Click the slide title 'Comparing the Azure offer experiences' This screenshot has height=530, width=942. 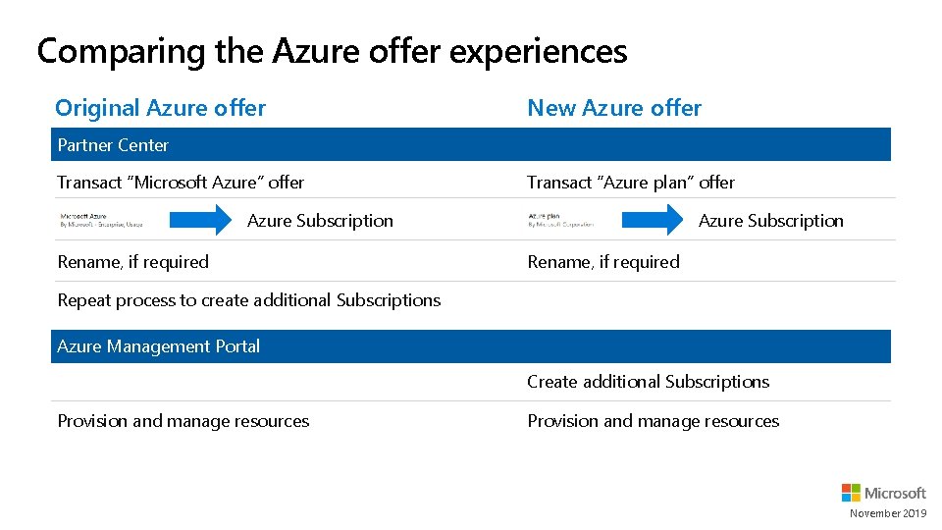point(332,51)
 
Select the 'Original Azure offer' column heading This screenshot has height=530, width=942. point(160,108)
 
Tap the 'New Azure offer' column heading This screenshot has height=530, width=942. point(614,108)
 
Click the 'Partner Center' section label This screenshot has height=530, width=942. point(113,145)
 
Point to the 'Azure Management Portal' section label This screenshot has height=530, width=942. point(159,346)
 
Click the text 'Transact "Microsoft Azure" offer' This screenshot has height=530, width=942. point(181,183)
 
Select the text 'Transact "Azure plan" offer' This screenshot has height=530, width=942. point(631,183)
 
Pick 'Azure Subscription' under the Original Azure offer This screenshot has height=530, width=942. point(320,221)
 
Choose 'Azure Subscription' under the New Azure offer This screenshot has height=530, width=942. point(770,221)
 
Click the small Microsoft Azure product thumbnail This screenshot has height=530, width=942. point(101,220)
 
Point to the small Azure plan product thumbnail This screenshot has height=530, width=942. point(560,220)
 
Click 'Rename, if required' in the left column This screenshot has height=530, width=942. point(133,262)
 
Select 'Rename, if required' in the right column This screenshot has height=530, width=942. point(603,262)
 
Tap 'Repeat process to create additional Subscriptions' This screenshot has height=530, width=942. point(249,300)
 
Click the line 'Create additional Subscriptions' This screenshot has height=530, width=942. point(648,382)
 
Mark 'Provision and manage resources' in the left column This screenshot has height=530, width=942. point(183,421)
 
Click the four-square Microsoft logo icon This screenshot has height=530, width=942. point(851,493)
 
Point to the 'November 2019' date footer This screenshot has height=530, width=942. point(887,513)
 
